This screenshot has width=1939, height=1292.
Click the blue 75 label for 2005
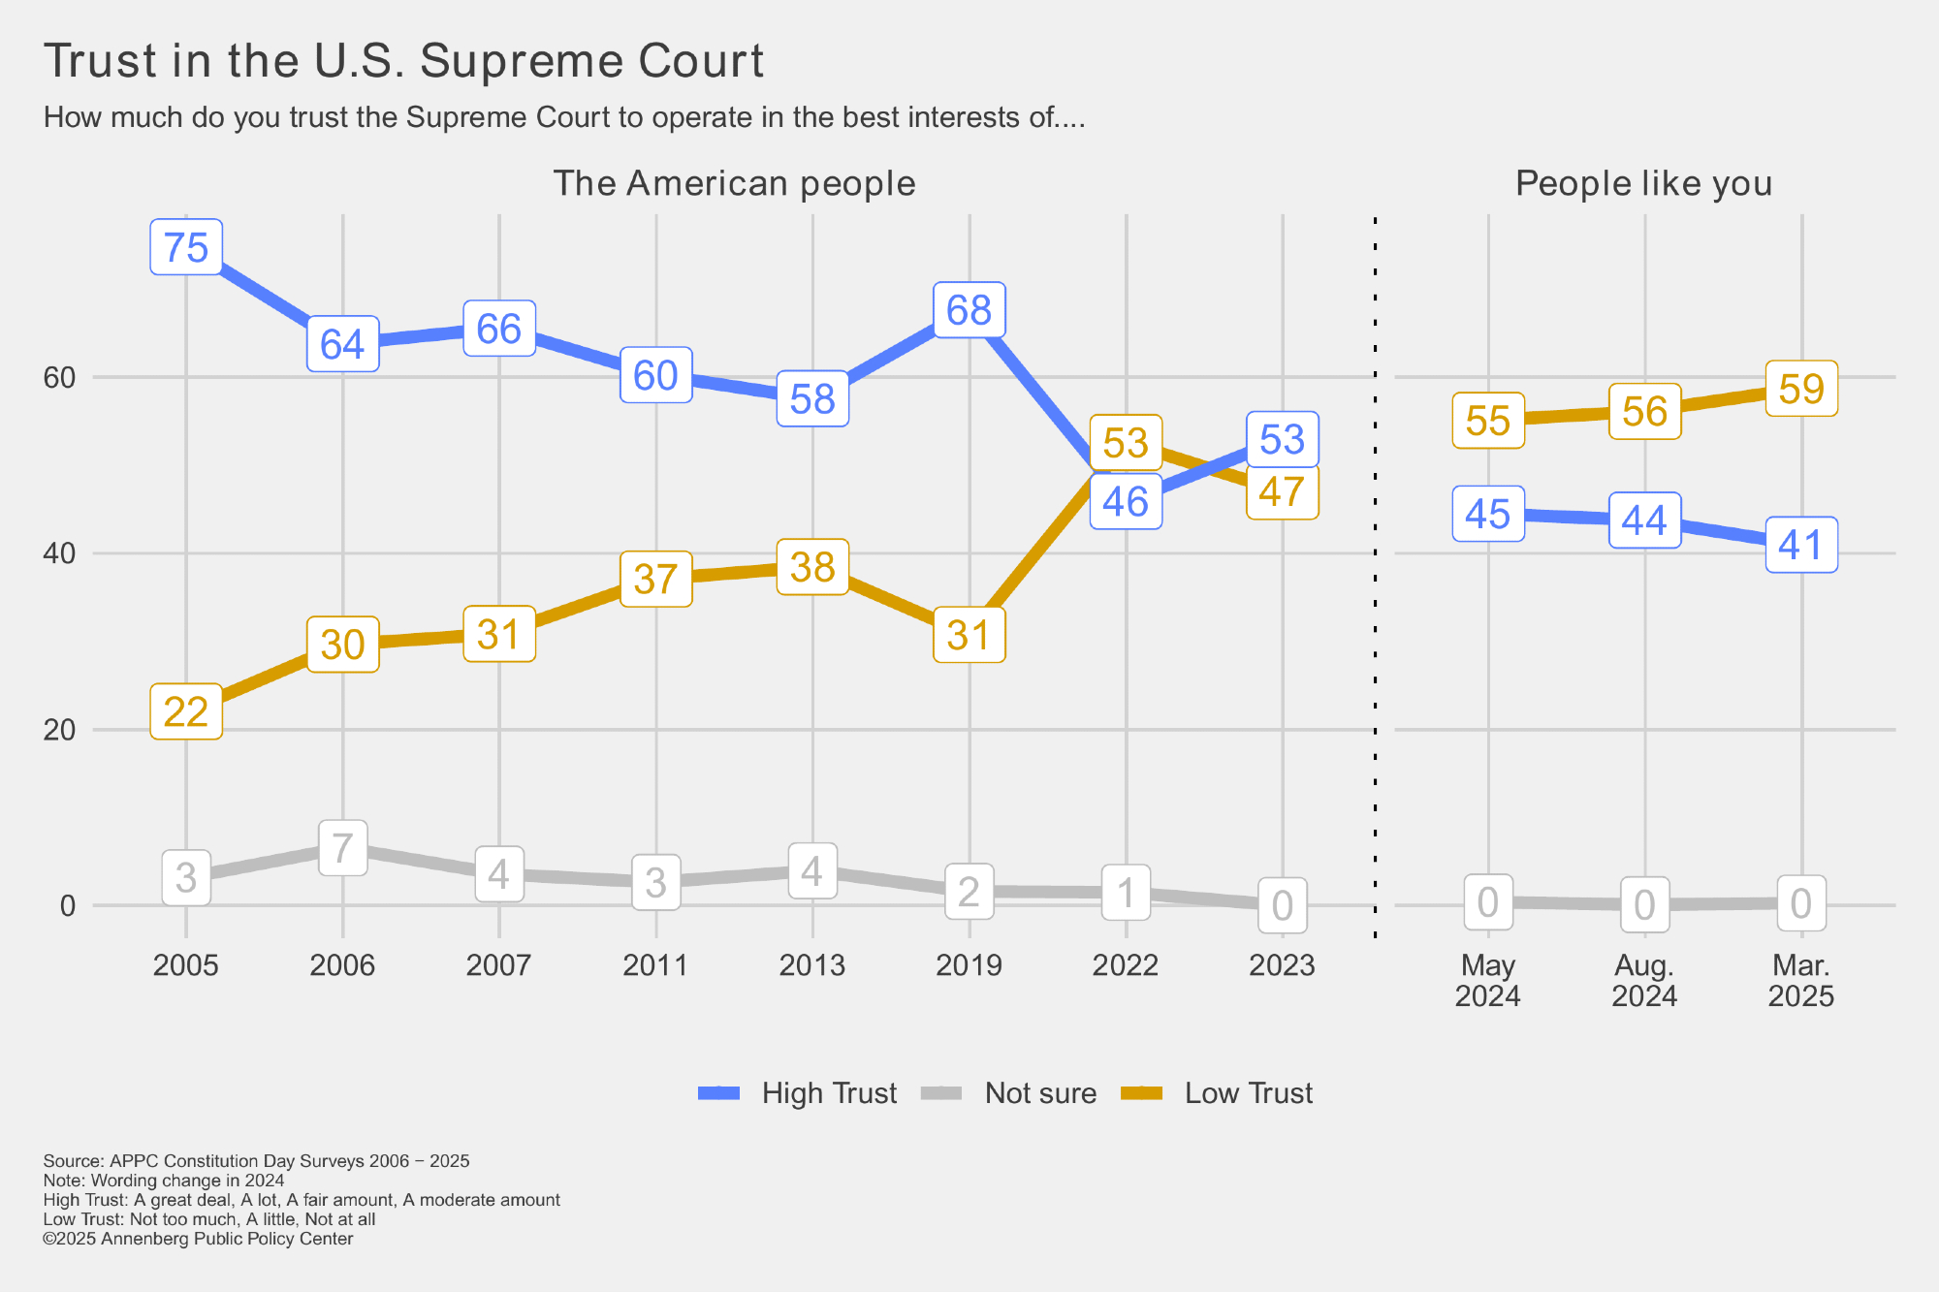186,247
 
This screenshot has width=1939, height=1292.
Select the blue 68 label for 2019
969,310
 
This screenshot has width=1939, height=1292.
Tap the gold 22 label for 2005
186,711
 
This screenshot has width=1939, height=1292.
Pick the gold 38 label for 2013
812,567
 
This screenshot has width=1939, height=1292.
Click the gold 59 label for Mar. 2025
1801,389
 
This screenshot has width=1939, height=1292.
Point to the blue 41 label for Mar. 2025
1801,545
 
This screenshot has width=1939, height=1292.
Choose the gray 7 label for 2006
342,848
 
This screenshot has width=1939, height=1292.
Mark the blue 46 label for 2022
1126,501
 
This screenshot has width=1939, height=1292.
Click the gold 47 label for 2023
1282,491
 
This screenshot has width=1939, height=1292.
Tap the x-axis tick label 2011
655,965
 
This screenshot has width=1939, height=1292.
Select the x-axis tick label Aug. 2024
1644,980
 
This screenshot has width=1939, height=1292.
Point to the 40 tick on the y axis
60,553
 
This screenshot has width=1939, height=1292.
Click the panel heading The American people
734,183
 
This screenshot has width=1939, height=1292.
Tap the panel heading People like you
1643,183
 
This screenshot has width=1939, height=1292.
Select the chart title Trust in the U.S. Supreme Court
403,61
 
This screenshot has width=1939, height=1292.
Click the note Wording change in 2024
164,1181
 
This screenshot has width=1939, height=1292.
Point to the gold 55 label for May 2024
1488,421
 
